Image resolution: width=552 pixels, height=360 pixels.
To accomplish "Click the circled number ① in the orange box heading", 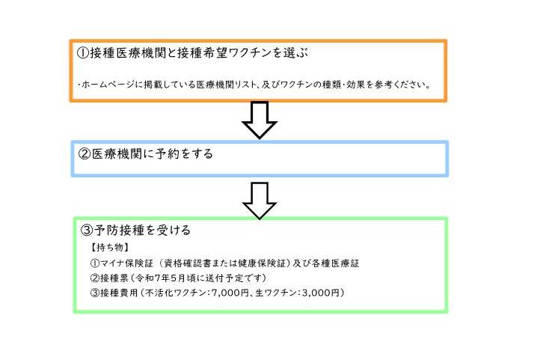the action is [83, 53].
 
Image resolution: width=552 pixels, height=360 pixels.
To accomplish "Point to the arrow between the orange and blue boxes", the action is [260, 120].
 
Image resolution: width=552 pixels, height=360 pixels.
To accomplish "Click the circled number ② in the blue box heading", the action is [85, 154].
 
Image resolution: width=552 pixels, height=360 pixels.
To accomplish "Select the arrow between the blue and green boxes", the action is [260, 201].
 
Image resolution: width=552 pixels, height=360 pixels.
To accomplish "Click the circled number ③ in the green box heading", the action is [87, 230].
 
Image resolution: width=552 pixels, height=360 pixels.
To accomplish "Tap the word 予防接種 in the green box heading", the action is [120, 230].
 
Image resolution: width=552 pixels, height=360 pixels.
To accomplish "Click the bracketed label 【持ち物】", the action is [110, 247].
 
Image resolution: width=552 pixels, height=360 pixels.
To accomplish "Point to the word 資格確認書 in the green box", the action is [185, 263].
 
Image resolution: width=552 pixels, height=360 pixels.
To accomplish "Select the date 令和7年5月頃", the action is [165, 278].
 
